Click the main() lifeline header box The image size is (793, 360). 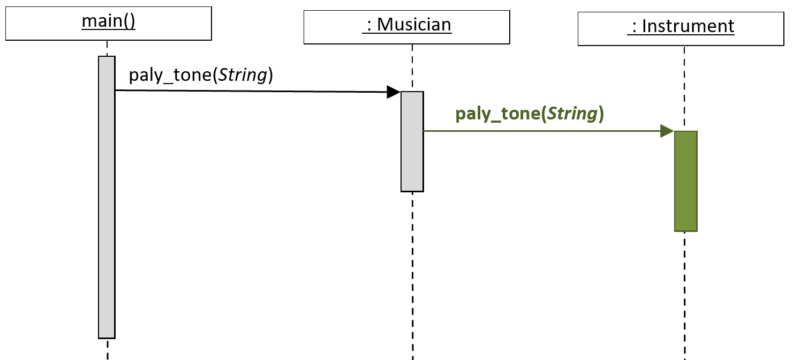click(109, 24)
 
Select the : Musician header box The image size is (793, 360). click(407, 27)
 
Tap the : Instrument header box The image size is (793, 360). click(681, 29)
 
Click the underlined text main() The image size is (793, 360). click(108, 21)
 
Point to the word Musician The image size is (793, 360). click(414, 25)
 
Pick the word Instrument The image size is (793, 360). click(688, 26)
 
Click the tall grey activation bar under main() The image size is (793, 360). click(107, 197)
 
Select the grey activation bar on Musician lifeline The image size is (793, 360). click(412, 142)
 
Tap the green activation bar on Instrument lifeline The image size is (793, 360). click(686, 182)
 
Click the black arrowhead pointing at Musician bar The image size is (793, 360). click(394, 92)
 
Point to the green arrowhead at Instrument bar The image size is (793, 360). click(667, 131)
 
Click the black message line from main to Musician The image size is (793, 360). click(251, 91)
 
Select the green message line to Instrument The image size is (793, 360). click(542, 131)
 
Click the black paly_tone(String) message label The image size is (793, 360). click(201, 75)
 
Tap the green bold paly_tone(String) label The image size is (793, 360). click(530, 114)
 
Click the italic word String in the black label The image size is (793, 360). click(243, 75)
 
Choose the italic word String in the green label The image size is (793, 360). click(572, 114)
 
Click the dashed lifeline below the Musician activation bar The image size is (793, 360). click(412, 276)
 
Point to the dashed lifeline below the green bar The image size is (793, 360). click(685, 296)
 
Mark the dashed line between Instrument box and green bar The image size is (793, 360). click(684, 88)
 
